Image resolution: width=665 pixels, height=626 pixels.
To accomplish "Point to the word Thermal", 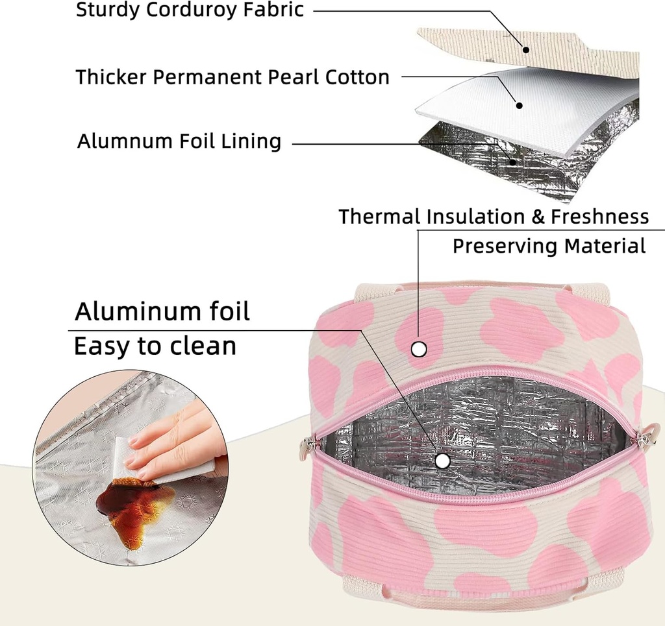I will (379, 217).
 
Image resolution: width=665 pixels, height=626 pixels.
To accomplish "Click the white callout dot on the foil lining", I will (443, 461).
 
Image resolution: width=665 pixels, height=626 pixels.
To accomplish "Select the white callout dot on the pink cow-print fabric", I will (419, 350).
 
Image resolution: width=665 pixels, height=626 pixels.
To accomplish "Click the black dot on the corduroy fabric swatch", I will (527, 49).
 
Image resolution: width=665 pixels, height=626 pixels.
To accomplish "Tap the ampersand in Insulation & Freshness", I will (538, 217).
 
